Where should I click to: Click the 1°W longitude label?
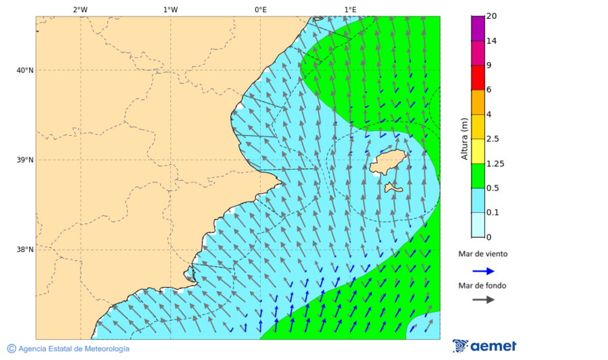[170, 9]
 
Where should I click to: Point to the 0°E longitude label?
[260, 9]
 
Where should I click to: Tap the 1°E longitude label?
[350, 9]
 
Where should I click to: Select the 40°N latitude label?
[24, 70]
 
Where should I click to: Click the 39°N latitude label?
[24, 160]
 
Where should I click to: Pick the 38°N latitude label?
[24, 250]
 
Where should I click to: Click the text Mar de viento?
[482, 254]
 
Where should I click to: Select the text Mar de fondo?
[482, 285]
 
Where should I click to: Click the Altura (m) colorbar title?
[464, 139]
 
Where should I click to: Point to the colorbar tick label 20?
[491, 16]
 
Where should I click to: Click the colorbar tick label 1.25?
[496, 163]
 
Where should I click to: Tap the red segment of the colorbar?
[478, 77]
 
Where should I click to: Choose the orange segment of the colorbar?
[478, 102]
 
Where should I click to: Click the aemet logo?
[484, 346]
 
